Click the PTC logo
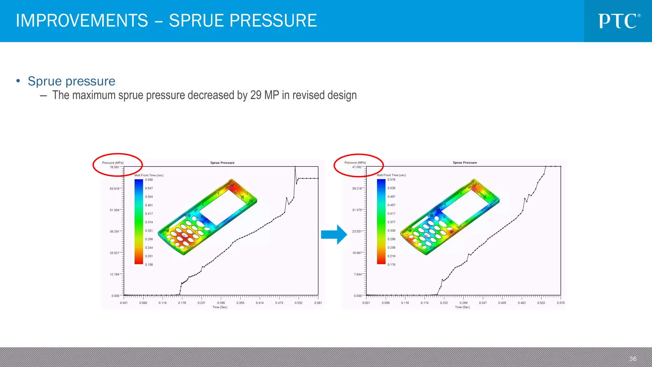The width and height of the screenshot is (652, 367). coord(619,21)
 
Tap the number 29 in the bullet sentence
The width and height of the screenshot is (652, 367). coord(256,95)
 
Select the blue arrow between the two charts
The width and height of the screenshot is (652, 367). coord(334,234)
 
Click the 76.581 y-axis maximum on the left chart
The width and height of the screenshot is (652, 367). coord(114,167)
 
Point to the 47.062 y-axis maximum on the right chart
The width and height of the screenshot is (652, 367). coord(357,167)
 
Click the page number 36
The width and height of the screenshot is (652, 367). coord(633,359)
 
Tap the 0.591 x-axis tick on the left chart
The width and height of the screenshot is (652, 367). coord(318,303)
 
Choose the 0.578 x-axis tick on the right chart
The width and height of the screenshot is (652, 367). coord(561,303)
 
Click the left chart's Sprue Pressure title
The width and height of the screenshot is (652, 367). coord(222,163)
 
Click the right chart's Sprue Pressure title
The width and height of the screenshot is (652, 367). coord(465,163)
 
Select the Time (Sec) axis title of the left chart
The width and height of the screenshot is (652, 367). coord(220,307)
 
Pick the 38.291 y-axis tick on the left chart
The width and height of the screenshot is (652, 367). coord(114,232)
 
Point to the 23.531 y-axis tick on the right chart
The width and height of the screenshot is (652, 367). coord(357,232)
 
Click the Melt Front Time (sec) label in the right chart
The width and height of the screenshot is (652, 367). coord(391,175)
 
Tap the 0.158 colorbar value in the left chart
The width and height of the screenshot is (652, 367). coord(149,265)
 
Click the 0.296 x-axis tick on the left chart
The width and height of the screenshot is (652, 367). coord(221,303)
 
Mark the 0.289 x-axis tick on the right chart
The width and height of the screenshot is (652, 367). coord(464,303)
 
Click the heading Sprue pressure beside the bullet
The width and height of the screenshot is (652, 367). coord(71,81)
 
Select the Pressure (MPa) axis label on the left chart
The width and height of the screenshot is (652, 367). coord(113,163)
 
